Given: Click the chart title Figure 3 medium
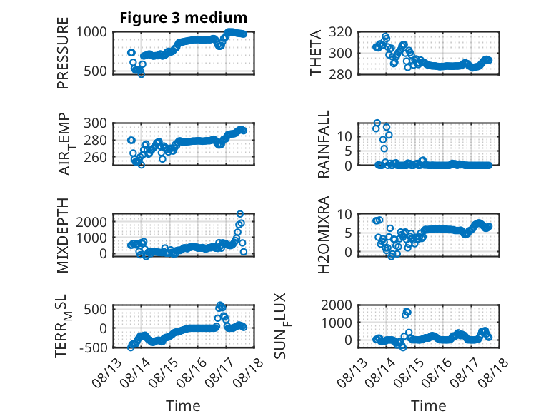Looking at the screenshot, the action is [184, 18].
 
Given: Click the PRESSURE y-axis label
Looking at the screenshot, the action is [63, 53].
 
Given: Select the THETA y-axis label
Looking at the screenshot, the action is [315, 53].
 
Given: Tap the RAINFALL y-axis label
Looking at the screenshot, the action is [324, 144].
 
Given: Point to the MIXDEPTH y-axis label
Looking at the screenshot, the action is [63, 235].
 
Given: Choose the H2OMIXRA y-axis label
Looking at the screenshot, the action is [324, 235].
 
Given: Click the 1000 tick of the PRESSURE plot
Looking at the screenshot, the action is [91, 32].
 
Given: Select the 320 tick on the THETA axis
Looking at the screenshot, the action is [340, 32].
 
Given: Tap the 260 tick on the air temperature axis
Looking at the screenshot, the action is [95, 157].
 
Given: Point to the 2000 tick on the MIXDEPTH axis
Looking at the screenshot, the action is [91, 223].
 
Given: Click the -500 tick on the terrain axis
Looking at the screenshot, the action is [93, 347].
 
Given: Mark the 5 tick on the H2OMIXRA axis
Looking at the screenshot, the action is [348, 233].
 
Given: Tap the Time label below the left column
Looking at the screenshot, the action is [183, 406].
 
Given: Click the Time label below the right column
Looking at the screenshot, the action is [428, 406].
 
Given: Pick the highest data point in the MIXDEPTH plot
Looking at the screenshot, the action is [240, 214].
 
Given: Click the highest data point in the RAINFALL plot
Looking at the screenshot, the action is [377, 123].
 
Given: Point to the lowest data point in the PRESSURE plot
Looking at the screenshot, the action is [142, 74].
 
